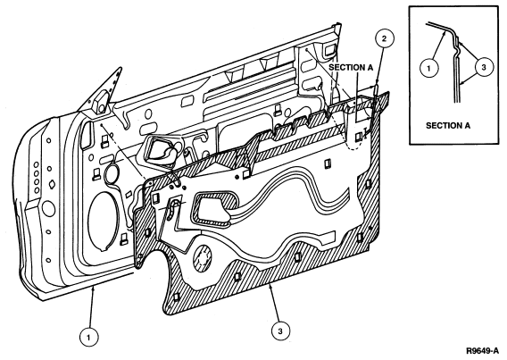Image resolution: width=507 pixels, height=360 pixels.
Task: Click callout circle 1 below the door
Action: coord(89,338)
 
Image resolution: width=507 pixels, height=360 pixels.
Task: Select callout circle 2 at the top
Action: coord(384,39)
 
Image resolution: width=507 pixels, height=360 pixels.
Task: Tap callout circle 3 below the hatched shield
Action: coord(280,331)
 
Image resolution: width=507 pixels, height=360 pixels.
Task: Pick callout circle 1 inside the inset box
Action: coord(428,68)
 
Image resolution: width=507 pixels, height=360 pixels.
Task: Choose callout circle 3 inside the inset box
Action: coord(484,67)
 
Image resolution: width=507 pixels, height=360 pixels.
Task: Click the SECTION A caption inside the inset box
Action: coord(448,125)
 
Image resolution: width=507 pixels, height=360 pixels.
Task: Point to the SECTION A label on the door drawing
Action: coord(351,67)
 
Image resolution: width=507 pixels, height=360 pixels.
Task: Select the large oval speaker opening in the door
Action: coord(102,222)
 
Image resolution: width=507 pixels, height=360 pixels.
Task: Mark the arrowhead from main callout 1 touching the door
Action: coord(93,289)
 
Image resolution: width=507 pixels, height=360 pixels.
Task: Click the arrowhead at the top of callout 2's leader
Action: coord(377,85)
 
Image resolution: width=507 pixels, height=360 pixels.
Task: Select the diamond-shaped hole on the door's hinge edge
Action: coord(51,185)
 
